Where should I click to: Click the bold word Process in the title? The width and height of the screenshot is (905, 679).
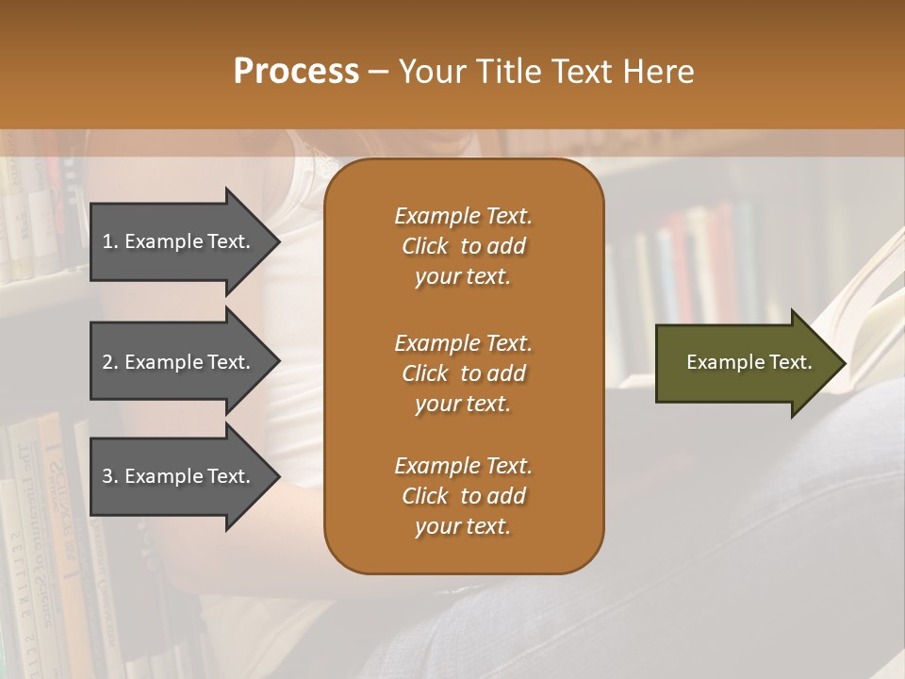(296, 72)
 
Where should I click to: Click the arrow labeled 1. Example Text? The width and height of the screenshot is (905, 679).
(179, 241)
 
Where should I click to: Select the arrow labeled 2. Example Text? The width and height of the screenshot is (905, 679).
(179, 362)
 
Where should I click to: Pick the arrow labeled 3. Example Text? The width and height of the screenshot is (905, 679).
(179, 476)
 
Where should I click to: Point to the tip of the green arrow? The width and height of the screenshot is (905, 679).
(844, 363)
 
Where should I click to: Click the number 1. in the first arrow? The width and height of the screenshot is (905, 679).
(109, 241)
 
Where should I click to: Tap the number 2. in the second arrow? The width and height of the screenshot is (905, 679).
(109, 362)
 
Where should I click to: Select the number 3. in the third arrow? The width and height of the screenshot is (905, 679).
(109, 476)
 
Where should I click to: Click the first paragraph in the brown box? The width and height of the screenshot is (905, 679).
(463, 246)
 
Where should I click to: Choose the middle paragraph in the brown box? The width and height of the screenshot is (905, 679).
(463, 373)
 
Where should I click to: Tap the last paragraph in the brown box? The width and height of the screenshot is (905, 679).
(463, 496)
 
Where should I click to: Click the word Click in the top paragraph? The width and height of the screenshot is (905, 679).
(424, 246)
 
